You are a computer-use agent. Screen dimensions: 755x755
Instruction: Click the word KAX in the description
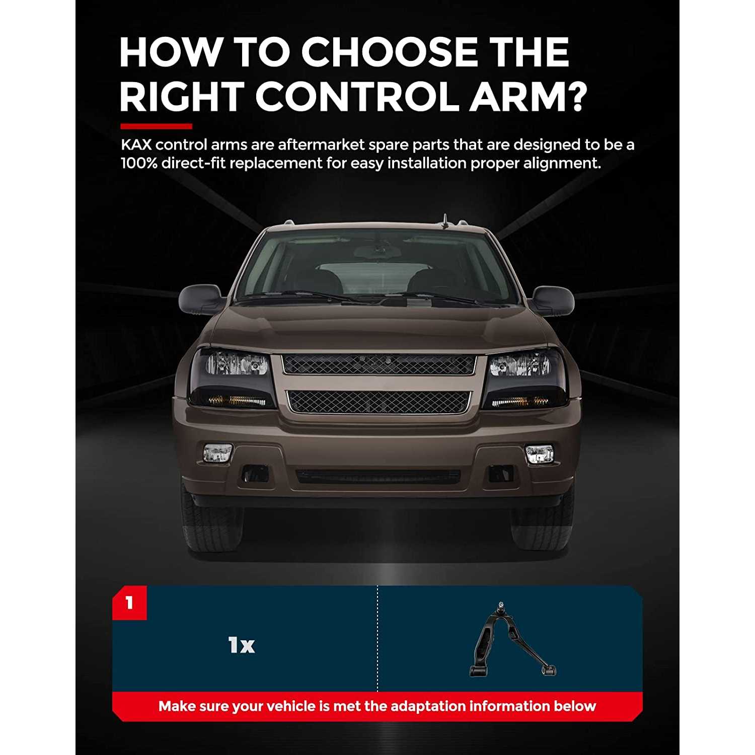[136, 145]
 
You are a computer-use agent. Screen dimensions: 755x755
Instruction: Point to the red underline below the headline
[156, 126]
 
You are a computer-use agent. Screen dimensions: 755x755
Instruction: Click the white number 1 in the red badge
[129, 602]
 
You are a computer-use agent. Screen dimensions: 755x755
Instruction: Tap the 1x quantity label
[242, 645]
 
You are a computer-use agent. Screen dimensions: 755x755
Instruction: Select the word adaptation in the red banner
[428, 706]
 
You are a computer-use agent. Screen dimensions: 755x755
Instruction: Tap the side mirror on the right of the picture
[552, 300]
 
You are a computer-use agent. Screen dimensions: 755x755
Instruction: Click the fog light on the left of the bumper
[217, 452]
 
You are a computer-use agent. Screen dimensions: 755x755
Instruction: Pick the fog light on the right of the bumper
[539, 454]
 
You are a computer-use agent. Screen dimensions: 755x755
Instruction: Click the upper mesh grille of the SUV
[378, 364]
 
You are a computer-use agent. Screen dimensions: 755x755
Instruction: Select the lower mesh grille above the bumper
[379, 401]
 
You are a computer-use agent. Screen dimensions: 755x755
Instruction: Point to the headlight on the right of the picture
[525, 379]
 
